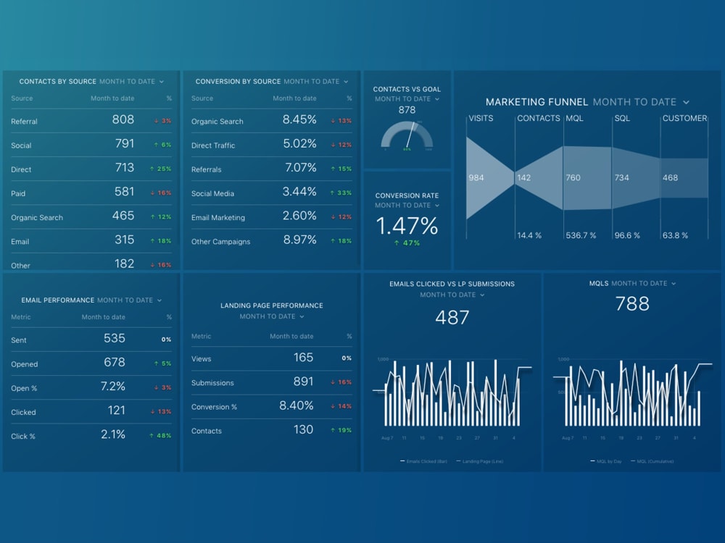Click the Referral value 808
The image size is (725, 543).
[x=123, y=120]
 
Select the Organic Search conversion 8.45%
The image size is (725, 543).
[x=299, y=120]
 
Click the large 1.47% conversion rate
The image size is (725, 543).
[x=407, y=226]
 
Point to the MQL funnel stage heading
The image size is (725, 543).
[x=574, y=118]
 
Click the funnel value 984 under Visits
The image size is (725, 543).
[x=476, y=177]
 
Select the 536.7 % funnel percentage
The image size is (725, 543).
[x=581, y=235]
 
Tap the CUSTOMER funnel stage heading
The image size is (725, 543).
[x=684, y=118]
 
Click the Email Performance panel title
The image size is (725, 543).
[x=58, y=300]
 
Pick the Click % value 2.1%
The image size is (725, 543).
[x=113, y=434]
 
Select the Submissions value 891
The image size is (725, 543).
[x=303, y=382]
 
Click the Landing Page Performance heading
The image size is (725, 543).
[x=271, y=306]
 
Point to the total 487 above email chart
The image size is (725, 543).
[x=452, y=317]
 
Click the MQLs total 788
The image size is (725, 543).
[x=631, y=304]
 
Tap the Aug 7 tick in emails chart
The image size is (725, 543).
[x=387, y=438]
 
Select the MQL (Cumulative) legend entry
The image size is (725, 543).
[x=654, y=461]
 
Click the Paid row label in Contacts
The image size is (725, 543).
[x=18, y=193]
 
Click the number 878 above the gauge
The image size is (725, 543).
[x=407, y=110]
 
